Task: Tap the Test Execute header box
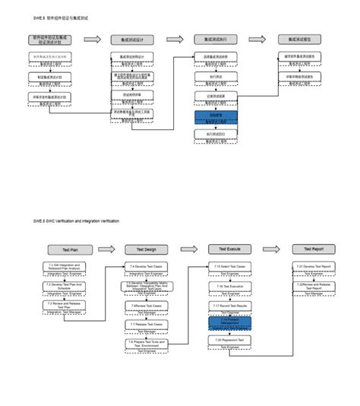click(229, 249)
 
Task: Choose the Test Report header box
click(313, 249)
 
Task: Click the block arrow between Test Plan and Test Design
click(108, 249)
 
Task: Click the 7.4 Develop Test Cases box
click(146, 267)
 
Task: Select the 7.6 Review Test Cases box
click(146, 306)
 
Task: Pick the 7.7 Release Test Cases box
click(146, 324)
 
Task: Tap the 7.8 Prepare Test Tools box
click(146, 344)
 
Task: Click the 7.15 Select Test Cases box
click(229, 267)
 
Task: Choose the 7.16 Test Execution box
click(229, 286)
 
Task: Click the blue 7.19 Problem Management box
click(229, 322)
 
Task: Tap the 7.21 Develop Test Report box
click(313, 267)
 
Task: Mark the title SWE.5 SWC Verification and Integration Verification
click(76, 220)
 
